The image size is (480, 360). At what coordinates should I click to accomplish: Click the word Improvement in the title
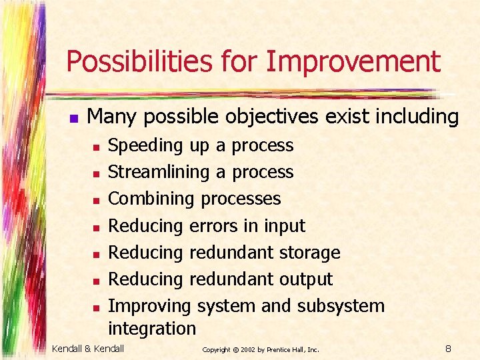tap(353, 62)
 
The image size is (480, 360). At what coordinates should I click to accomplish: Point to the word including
tap(417, 117)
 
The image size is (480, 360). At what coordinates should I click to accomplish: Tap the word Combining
tap(151, 199)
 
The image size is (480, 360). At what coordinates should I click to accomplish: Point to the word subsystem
tap(341, 306)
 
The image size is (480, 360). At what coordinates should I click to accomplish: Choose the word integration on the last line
tap(152, 329)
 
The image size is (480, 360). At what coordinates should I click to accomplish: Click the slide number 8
tap(449, 348)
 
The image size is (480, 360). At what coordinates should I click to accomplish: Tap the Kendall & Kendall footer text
tap(88, 348)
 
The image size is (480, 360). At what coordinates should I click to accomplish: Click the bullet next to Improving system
tap(96, 308)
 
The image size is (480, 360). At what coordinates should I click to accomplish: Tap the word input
tap(284, 226)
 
